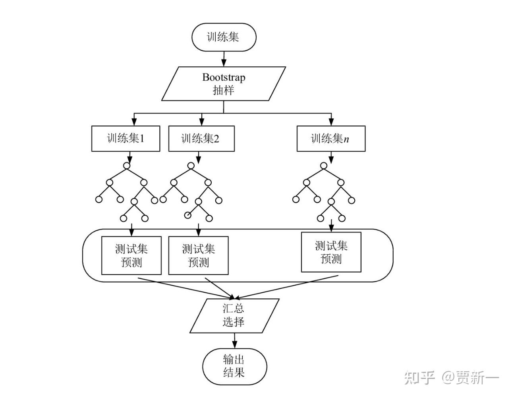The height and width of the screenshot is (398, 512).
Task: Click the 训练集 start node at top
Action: (x=224, y=37)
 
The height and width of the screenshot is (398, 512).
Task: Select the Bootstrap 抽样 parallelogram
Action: (x=224, y=84)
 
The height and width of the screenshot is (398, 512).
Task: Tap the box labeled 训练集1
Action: (x=126, y=139)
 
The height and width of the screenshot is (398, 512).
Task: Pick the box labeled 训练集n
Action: (x=331, y=139)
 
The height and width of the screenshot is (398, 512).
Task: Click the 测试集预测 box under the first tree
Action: (x=131, y=255)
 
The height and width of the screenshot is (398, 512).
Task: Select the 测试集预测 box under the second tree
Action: (x=198, y=255)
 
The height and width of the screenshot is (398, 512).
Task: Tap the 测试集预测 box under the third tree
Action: (x=331, y=252)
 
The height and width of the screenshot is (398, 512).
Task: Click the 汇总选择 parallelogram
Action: (x=234, y=315)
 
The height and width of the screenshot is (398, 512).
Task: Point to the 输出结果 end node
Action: (x=234, y=366)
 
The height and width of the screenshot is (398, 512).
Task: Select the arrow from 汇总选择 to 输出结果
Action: (x=234, y=340)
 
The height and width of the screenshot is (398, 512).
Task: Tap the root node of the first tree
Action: (x=127, y=166)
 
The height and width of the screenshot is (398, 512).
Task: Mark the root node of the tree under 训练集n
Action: (x=324, y=166)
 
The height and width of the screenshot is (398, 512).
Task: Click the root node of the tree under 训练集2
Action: (x=191, y=166)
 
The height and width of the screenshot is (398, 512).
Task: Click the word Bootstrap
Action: (x=224, y=77)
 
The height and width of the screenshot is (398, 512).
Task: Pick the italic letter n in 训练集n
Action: (x=346, y=139)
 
